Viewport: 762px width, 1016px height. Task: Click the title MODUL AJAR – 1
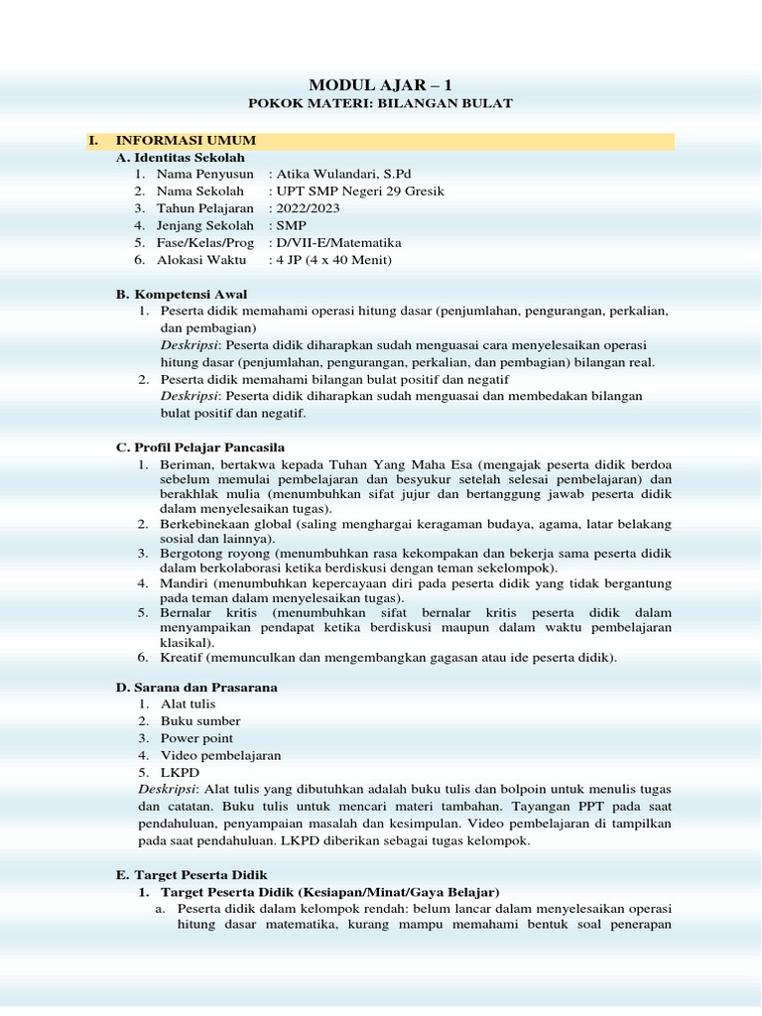pyautogui.click(x=380, y=84)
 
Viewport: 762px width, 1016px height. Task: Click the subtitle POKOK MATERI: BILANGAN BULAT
pyautogui.click(x=380, y=104)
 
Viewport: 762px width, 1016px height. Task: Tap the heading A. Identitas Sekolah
pyautogui.click(x=181, y=158)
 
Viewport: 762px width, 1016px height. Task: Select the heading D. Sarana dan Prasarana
pyautogui.click(x=197, y=687)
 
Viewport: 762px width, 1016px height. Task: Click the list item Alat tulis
pyautogui.click(x=188, y=703)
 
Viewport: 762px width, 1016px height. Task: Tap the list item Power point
pyautogui.click(x=197, y=738)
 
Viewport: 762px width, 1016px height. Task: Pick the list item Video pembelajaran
pyautogui.click(x=221, y=755)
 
